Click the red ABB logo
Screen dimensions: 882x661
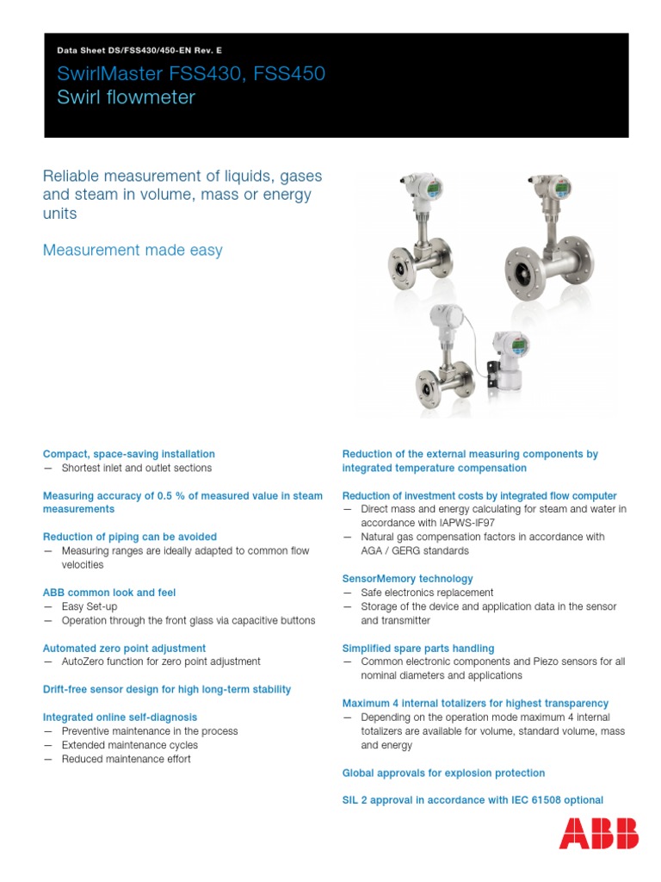(x=599, y=833)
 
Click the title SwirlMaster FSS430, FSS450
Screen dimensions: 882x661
(x=191, y=74)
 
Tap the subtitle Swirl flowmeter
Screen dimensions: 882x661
(x=126, y=97)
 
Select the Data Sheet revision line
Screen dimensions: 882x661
(x=139, y=51)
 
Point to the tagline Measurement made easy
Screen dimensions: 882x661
(x=133, y=250)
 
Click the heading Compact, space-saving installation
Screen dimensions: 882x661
(x=129, y=454)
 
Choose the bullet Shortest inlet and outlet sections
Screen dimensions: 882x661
(x=136, y=468)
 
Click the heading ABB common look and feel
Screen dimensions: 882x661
(x=109, y=593)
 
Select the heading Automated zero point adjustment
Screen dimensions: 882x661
(x=124, y=648)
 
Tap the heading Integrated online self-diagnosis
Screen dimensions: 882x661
(x=120, y=717)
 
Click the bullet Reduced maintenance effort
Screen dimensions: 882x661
(x=126, y=759)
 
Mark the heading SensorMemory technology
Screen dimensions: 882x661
(x=407, y=579)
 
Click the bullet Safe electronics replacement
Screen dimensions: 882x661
(x=427, y=593)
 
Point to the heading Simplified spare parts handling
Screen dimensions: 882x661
(x=418, y=648)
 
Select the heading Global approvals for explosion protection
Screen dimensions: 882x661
(x=443, y=773)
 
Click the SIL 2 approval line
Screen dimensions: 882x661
(x=473, y=800)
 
